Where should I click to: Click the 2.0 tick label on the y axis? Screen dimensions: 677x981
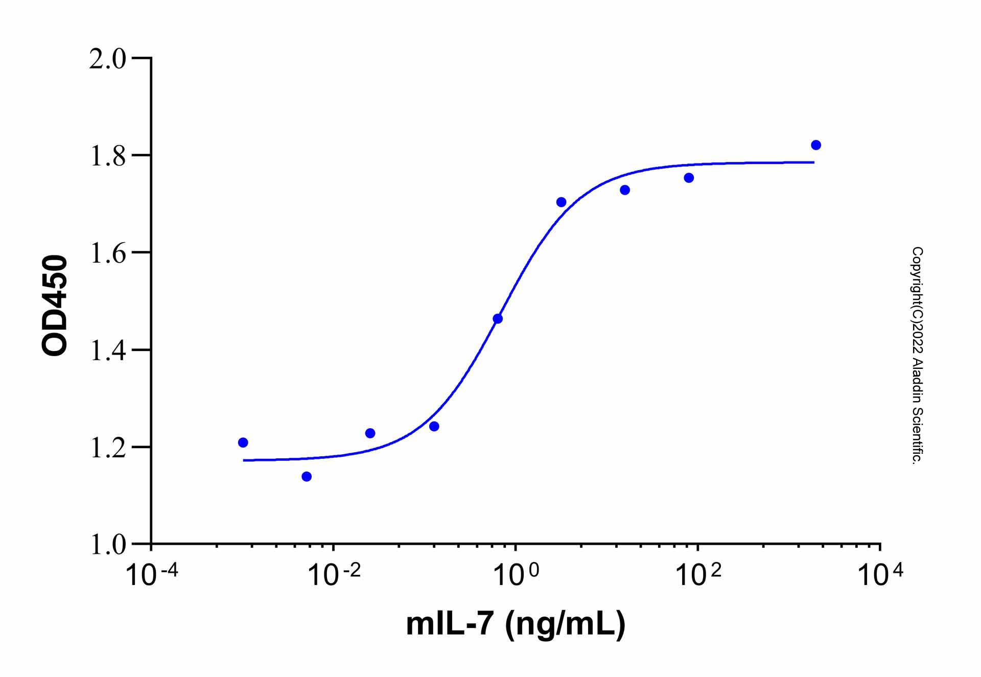click(107, 59)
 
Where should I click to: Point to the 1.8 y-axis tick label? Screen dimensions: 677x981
click(107, 156)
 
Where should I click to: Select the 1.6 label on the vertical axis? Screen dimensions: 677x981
click(107, 253)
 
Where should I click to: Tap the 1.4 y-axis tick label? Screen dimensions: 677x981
click(107, 351)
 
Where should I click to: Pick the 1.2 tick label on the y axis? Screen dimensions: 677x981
click(107, 448)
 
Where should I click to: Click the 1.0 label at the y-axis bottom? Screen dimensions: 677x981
click(107, 545)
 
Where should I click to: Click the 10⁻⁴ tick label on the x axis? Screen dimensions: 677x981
click(152, 575)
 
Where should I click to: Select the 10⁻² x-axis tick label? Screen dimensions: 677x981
click(334, 575)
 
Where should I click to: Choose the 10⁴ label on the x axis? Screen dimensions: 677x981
click(880, 575)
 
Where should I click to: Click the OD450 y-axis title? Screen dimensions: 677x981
click(54, 305)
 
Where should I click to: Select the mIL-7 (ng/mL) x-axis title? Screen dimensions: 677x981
click(516, 624)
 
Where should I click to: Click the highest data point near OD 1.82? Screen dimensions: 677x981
click(816, 145)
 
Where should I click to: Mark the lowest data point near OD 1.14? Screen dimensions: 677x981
click(307, 477)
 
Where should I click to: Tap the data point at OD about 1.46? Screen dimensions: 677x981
click(498, 319)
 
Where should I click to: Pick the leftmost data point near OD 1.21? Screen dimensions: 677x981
click(243, 442)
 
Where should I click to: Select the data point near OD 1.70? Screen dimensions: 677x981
click(561, 202)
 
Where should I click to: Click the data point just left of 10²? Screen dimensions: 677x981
click(689, 178)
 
